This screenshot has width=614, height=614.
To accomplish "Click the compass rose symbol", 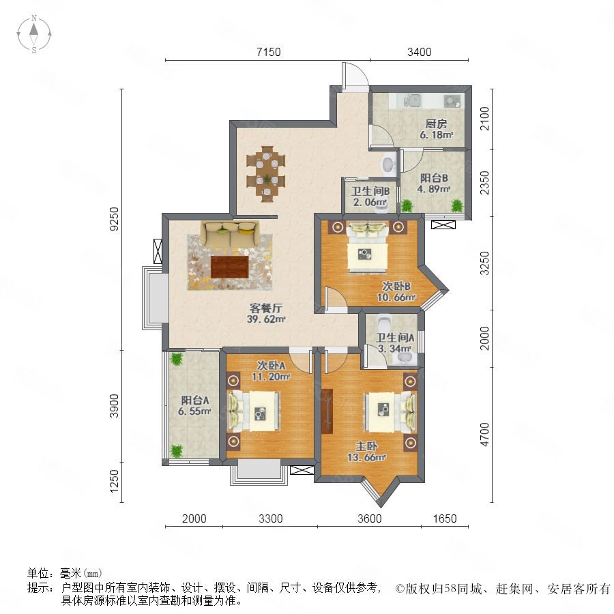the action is tap(34, 34).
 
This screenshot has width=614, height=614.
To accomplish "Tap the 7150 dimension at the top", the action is tap(269, 52).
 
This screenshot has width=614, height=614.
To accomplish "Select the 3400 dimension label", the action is tap(420, 52).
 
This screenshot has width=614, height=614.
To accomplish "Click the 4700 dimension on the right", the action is tap(485, 435).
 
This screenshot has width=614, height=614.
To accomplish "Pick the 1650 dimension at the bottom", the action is tap(445, 518).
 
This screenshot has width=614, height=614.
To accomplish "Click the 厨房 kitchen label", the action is tap(436, 124).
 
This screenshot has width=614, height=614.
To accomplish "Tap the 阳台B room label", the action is tap(434, 178).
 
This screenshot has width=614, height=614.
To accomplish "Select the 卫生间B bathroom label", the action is tap(370, 192).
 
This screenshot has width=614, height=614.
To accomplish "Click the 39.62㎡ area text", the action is tap(266, 319).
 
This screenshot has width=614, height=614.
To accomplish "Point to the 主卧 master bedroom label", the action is tap(366, 446).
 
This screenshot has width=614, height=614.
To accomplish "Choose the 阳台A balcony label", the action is tap(195, 400).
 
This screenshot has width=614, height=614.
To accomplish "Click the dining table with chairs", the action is tap(266, 174).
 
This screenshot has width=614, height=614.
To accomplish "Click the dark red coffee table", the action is tap(229, 267).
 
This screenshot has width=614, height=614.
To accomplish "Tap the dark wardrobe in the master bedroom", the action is tap(327, 411).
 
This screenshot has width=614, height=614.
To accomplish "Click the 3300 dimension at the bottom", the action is tap(271, 518).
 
